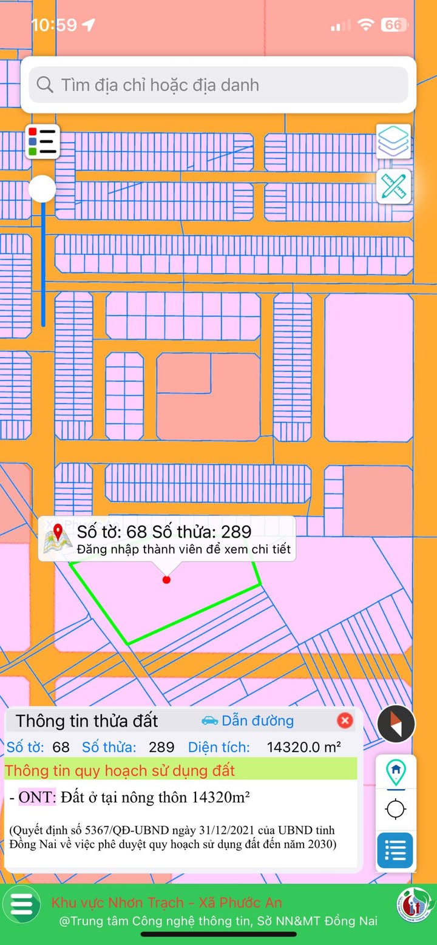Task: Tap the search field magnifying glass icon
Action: (45, 84)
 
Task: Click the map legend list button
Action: (42, 141)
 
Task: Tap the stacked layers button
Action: (394, 141)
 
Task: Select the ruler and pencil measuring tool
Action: (394, 186)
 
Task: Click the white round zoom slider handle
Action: (42, 189)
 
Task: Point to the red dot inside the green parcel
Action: (167, 580)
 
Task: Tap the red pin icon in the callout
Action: (58, 533)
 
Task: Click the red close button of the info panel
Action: (345, 720)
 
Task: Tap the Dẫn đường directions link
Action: (248, 720)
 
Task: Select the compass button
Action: (396, 723)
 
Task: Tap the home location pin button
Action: (396, 771)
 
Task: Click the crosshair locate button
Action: (396, 809)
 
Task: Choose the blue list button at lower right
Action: (395, 850)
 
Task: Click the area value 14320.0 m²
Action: (303, 747)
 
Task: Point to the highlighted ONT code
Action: (37, 797)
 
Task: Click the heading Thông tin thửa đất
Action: (87, 721)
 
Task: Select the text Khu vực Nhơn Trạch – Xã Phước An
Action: (166, 903)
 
